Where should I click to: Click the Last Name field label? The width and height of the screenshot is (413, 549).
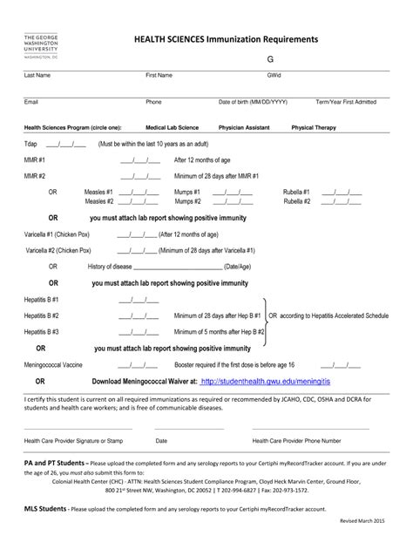click(37, 76)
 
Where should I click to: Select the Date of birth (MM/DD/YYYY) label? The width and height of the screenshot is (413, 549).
click(253, 102)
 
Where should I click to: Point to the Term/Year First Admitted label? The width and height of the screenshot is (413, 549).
click(346, 102)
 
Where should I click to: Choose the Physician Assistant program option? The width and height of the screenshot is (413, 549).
click(244, 127)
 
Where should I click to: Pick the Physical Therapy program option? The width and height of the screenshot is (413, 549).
click(314, 127)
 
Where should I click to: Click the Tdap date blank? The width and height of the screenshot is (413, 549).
click(65, 144)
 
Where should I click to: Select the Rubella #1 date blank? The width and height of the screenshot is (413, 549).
click(341, 192)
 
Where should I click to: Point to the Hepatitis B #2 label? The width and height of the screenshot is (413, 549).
click(42, 315)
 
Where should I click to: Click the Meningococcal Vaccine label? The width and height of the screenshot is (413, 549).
click(54, 364)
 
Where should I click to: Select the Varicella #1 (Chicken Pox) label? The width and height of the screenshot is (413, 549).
click(58, 234)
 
